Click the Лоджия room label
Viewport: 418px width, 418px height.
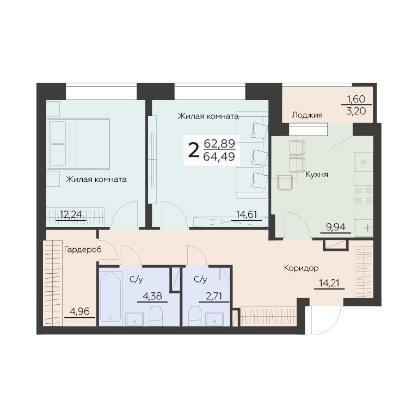click(307, 115)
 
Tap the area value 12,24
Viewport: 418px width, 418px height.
click(71, 214)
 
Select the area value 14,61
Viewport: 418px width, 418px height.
click(247, 214)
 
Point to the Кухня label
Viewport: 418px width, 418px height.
click(317, 175)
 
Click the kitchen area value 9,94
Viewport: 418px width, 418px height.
click(336, 227)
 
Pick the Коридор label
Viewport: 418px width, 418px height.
click(301, 268)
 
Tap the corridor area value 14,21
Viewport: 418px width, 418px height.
click(329, 283)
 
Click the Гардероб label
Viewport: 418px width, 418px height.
click(83, 249)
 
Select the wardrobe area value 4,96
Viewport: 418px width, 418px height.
click(79, 311)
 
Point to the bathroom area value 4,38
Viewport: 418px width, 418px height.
click(152, 296)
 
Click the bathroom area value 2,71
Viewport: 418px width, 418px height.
click(214, 296)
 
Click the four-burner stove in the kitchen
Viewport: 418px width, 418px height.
click(364, 195)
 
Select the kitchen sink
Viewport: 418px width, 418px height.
click(364, 228)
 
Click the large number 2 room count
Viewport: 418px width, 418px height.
click(194, 150)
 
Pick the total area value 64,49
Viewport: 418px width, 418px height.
click(219, 157)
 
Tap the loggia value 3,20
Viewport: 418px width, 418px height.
click(356, 111)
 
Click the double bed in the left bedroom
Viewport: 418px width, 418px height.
click(79, 144)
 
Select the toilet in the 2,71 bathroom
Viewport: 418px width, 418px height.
click(195, 316)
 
